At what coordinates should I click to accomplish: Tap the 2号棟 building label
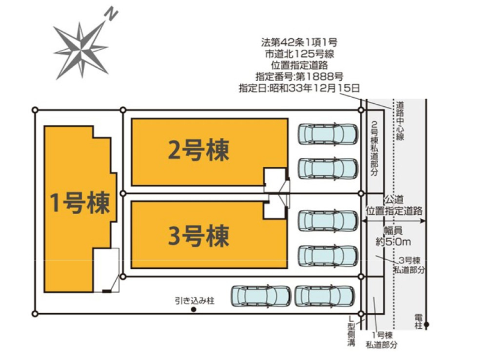pos(198,150)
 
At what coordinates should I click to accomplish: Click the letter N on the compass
pos(110,14)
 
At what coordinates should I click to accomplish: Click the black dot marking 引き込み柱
pos(193,310)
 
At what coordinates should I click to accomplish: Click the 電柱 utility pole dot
pos(425,326)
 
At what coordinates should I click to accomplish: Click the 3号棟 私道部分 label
pos(409,265)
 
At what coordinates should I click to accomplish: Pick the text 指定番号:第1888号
pos(299,77)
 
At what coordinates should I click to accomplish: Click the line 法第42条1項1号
pos(299,43)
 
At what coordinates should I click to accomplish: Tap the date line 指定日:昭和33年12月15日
pos(299,88)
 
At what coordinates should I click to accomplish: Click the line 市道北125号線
pos(299,54)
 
